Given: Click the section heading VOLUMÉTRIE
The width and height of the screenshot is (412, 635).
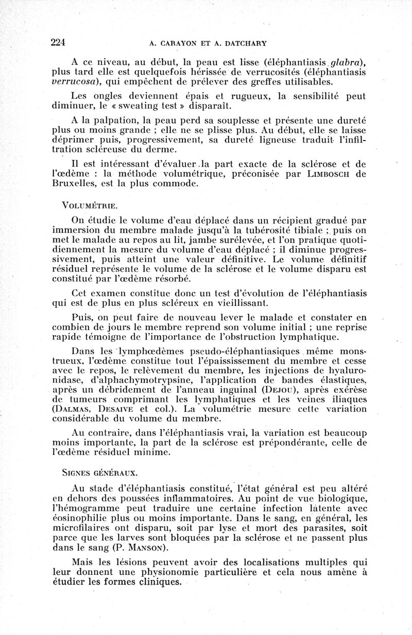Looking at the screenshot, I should (90, 205).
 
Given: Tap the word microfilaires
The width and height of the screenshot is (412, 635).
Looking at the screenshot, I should (78, 528).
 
